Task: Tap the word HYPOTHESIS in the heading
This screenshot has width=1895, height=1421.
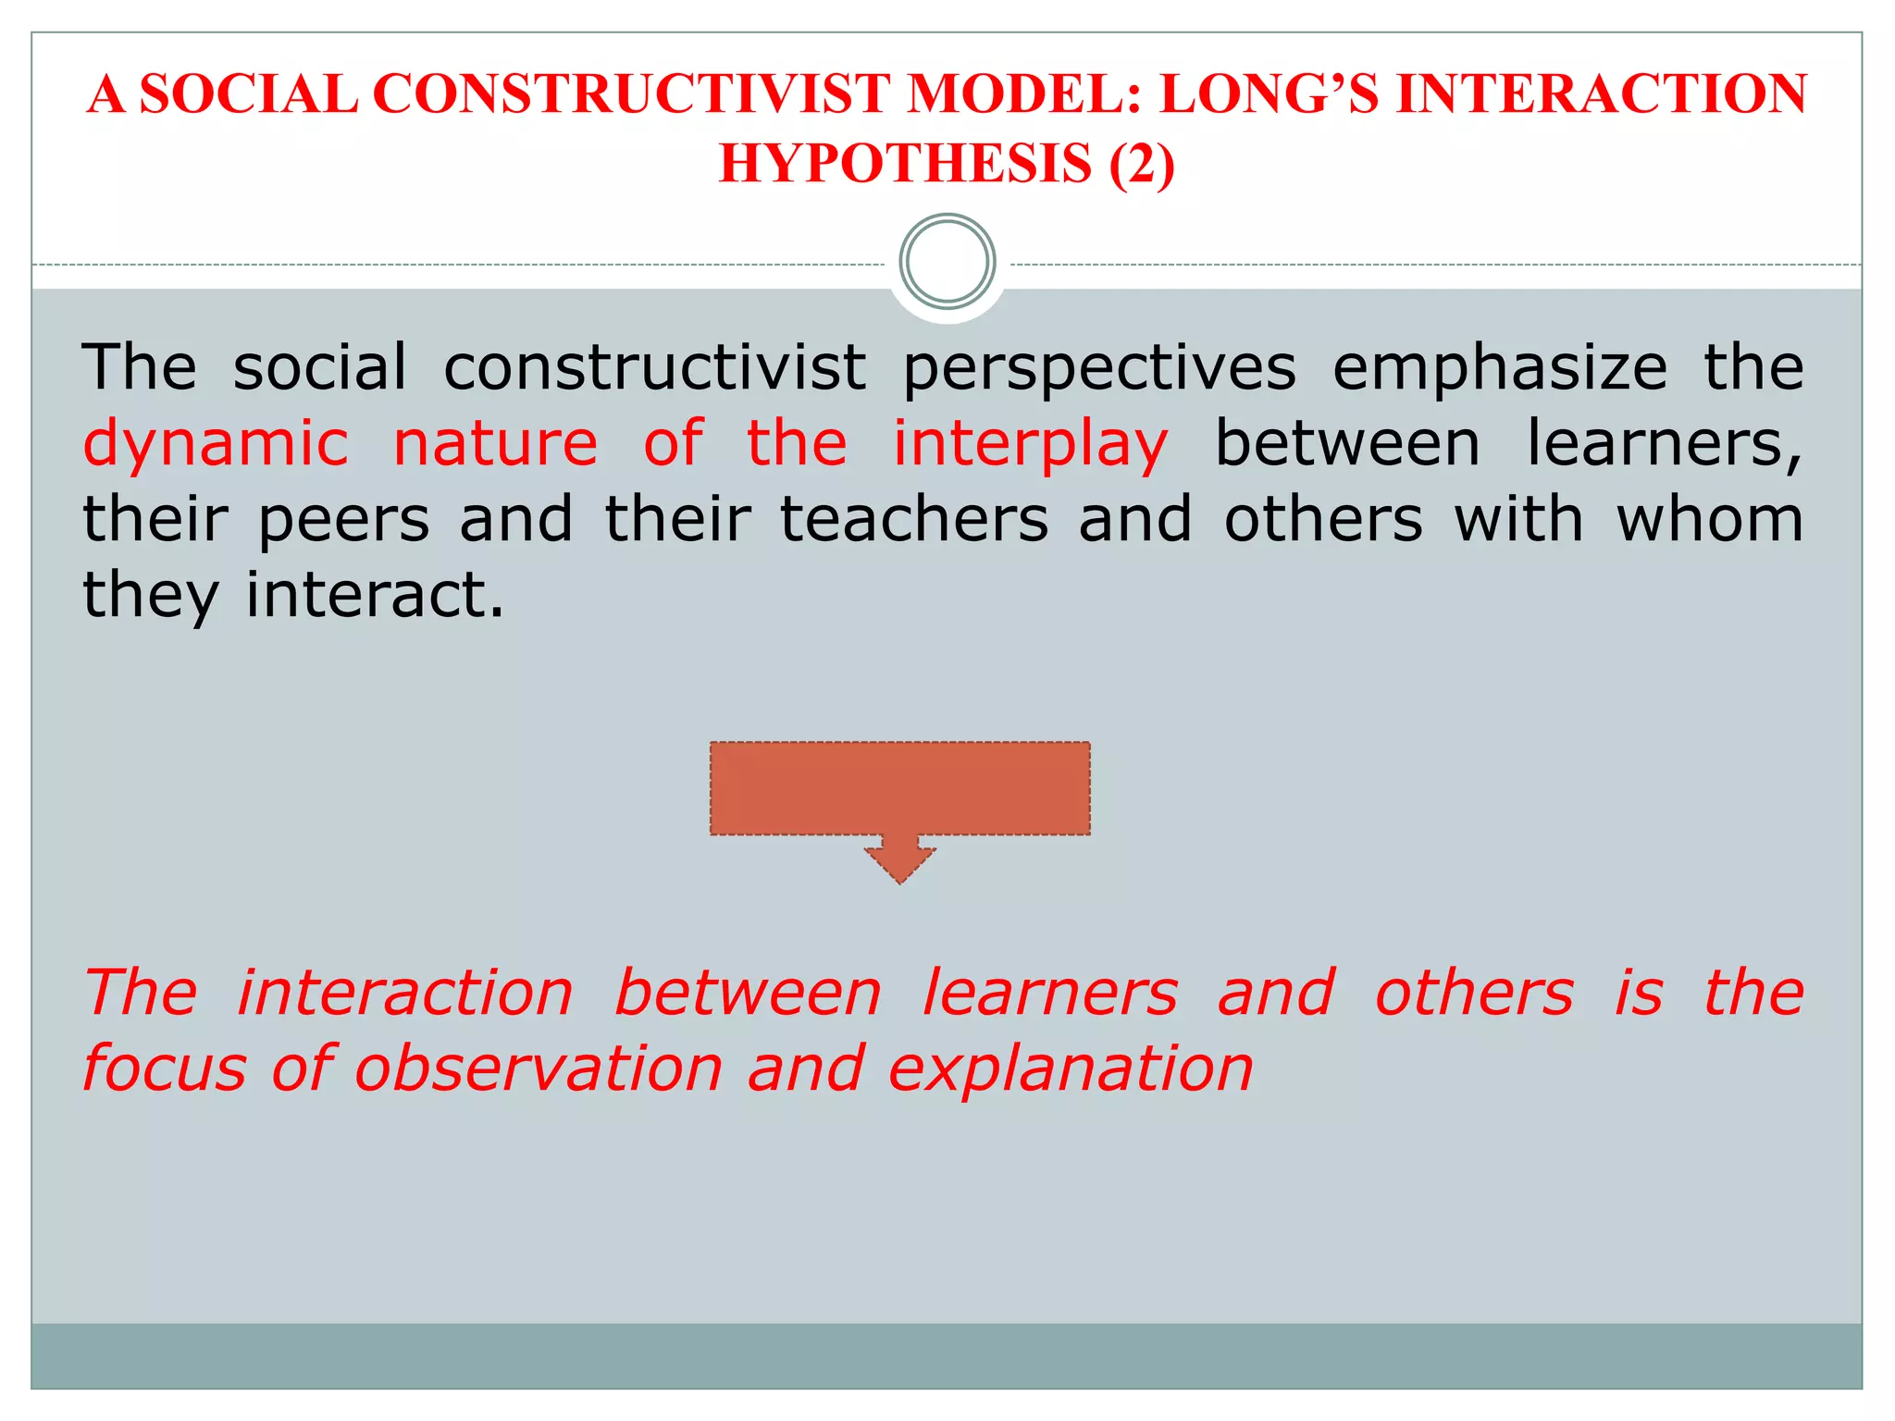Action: pos(905,165)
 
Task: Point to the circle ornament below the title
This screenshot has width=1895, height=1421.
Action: pos(947,262)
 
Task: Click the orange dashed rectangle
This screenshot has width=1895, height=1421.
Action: pos(899,788)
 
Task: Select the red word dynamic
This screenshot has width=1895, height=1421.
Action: pos(216,443)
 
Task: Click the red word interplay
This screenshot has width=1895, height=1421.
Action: pos(1030,445)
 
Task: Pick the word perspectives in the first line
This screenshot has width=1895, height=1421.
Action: pos(1099,368)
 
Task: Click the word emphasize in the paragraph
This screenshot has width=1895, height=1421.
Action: pos(1500,368)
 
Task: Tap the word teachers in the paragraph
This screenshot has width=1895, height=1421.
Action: pos(914,519)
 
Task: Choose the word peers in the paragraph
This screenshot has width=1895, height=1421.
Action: pos(343,521)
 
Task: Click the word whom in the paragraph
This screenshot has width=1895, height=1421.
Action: pos(1710,519)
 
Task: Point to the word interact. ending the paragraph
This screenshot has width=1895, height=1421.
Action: pos(376,595)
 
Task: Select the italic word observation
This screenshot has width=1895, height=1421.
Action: pos(539,1069)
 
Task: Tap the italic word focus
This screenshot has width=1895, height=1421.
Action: pos(165,1069)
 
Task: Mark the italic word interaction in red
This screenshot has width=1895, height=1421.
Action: pos(405,994)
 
